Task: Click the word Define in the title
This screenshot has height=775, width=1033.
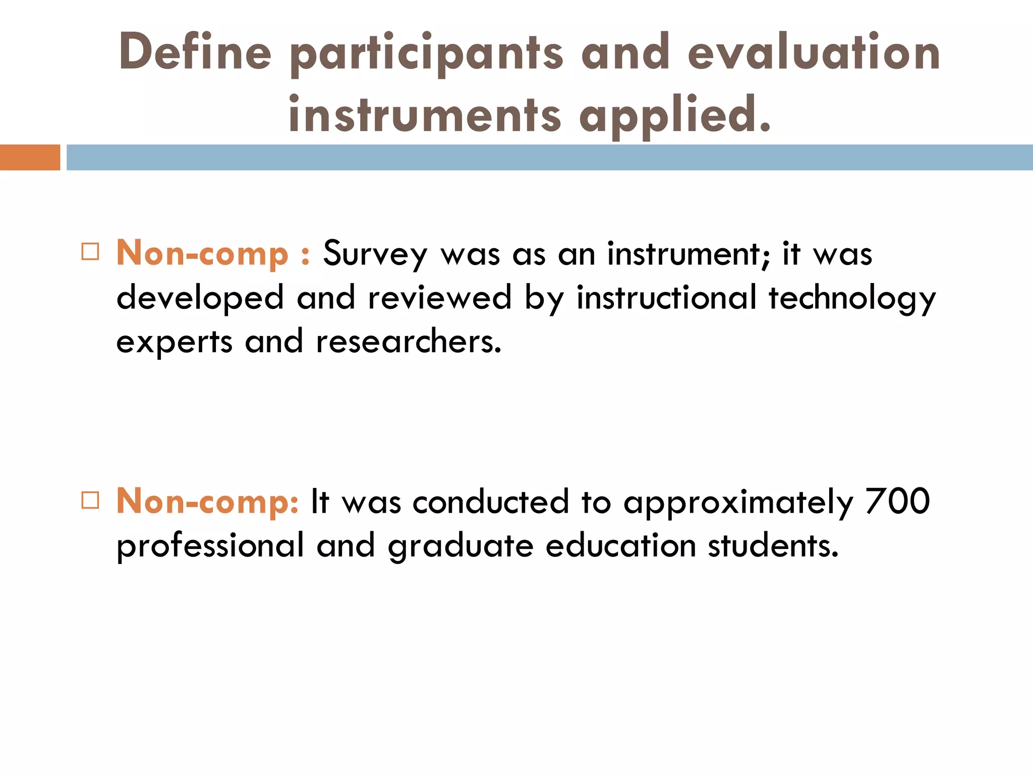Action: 195,51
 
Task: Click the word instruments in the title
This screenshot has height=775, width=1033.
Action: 424,115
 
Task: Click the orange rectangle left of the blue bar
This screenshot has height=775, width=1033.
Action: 30,157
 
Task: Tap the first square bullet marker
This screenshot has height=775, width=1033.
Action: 90,251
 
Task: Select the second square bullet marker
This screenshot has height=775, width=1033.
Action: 90,500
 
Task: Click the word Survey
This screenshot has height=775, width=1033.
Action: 375,254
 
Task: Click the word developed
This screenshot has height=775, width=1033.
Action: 200,298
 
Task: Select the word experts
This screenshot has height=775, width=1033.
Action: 174,342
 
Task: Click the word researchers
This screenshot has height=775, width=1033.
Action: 409,341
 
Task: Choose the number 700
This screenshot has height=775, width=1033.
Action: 897,501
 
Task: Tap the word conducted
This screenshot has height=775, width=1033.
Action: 490,502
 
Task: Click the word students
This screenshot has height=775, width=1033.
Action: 773,545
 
